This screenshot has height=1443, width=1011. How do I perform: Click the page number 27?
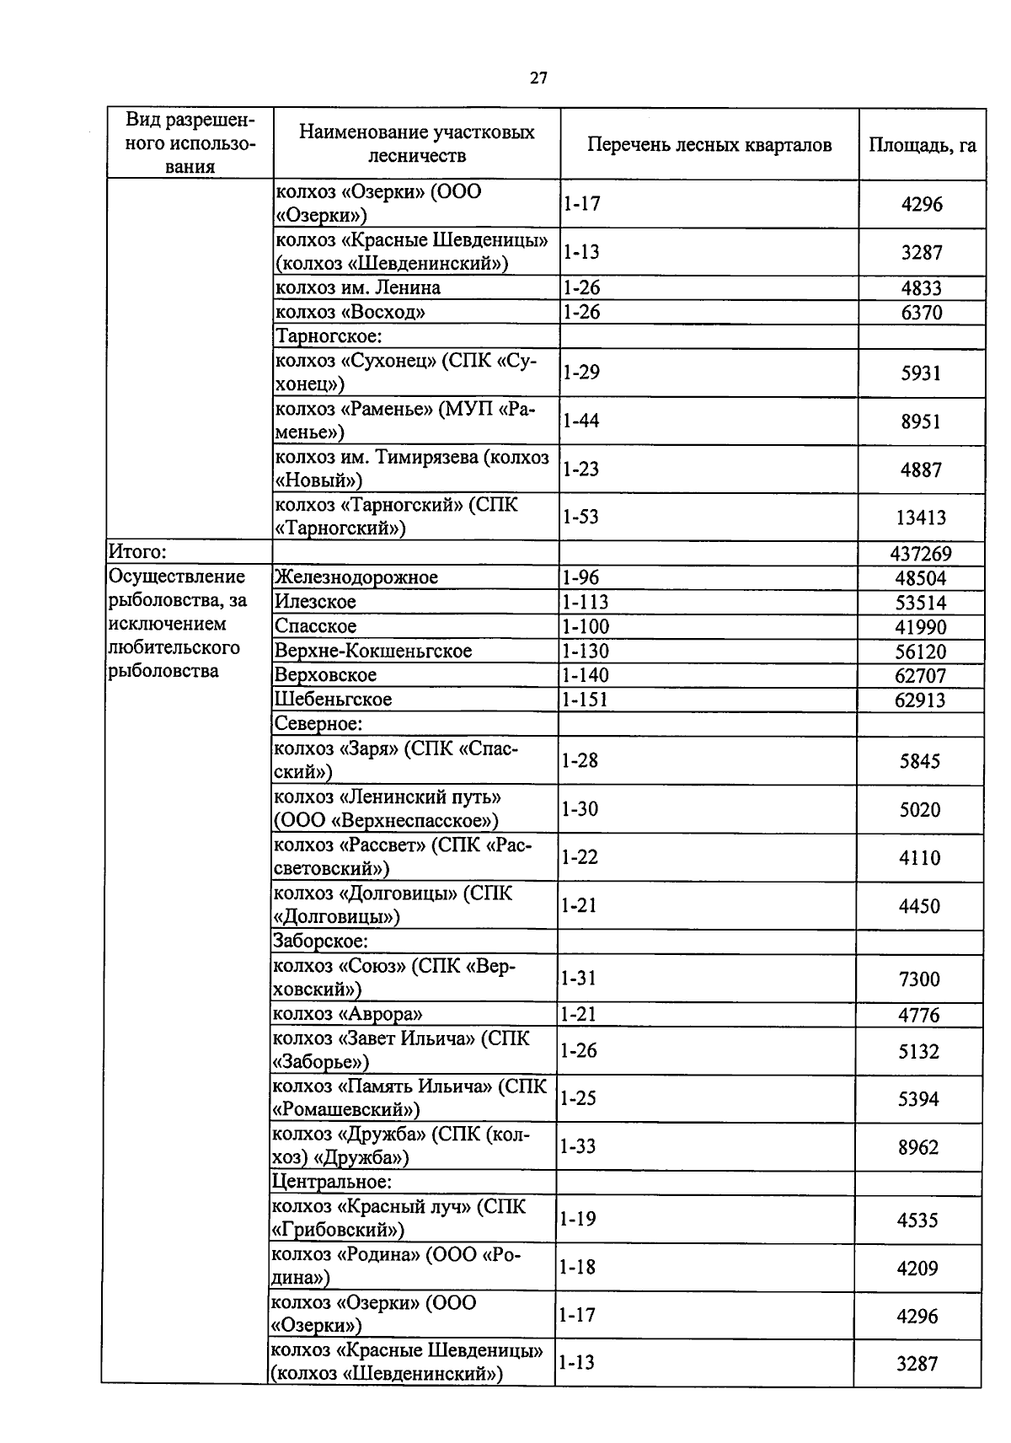538,78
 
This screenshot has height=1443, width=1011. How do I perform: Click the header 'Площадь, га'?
923,144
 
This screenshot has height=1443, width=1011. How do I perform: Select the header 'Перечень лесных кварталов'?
709,144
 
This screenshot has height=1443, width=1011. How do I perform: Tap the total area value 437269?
921,554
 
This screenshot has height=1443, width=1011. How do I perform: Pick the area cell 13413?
922,518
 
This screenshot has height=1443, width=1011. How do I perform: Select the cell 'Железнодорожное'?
357,577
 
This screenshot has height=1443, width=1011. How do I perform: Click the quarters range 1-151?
586,700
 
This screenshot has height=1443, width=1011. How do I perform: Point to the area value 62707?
920,676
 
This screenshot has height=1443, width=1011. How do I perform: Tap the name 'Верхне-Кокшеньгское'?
374,651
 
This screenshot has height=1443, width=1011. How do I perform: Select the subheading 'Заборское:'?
322,941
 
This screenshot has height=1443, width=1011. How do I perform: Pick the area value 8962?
918,1147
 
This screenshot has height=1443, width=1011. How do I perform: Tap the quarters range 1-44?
581,421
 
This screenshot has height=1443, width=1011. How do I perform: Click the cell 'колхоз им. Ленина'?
358,287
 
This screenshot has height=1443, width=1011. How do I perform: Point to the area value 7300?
919,979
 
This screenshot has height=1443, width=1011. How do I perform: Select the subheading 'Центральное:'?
332,1183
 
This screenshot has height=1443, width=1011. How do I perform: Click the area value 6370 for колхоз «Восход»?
922,313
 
